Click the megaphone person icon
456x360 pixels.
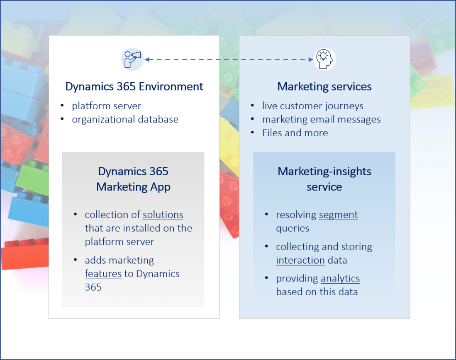pos(132,59)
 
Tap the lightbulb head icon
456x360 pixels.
pos(325,59)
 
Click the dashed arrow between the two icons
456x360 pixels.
pos(228,59)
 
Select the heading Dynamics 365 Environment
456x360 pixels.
pos(134,86)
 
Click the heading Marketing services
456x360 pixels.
pos(324,86)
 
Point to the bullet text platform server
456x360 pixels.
pos(107,106)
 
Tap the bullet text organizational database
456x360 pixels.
pos(125,120)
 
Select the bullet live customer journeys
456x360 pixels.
pos(312,106)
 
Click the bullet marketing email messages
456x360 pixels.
pos(321,120)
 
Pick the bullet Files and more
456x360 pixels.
pos(295,133)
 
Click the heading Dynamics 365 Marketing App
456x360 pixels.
pos(133,179)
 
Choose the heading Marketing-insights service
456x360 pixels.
pos(324,179)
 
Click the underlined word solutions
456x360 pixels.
pos(163,215)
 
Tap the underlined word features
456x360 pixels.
pos(103,274)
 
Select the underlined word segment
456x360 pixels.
pos(338,215)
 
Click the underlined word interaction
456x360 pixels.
pos(300,260)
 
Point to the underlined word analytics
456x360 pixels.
pos(340,279)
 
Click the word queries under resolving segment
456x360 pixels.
pos(293,228)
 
